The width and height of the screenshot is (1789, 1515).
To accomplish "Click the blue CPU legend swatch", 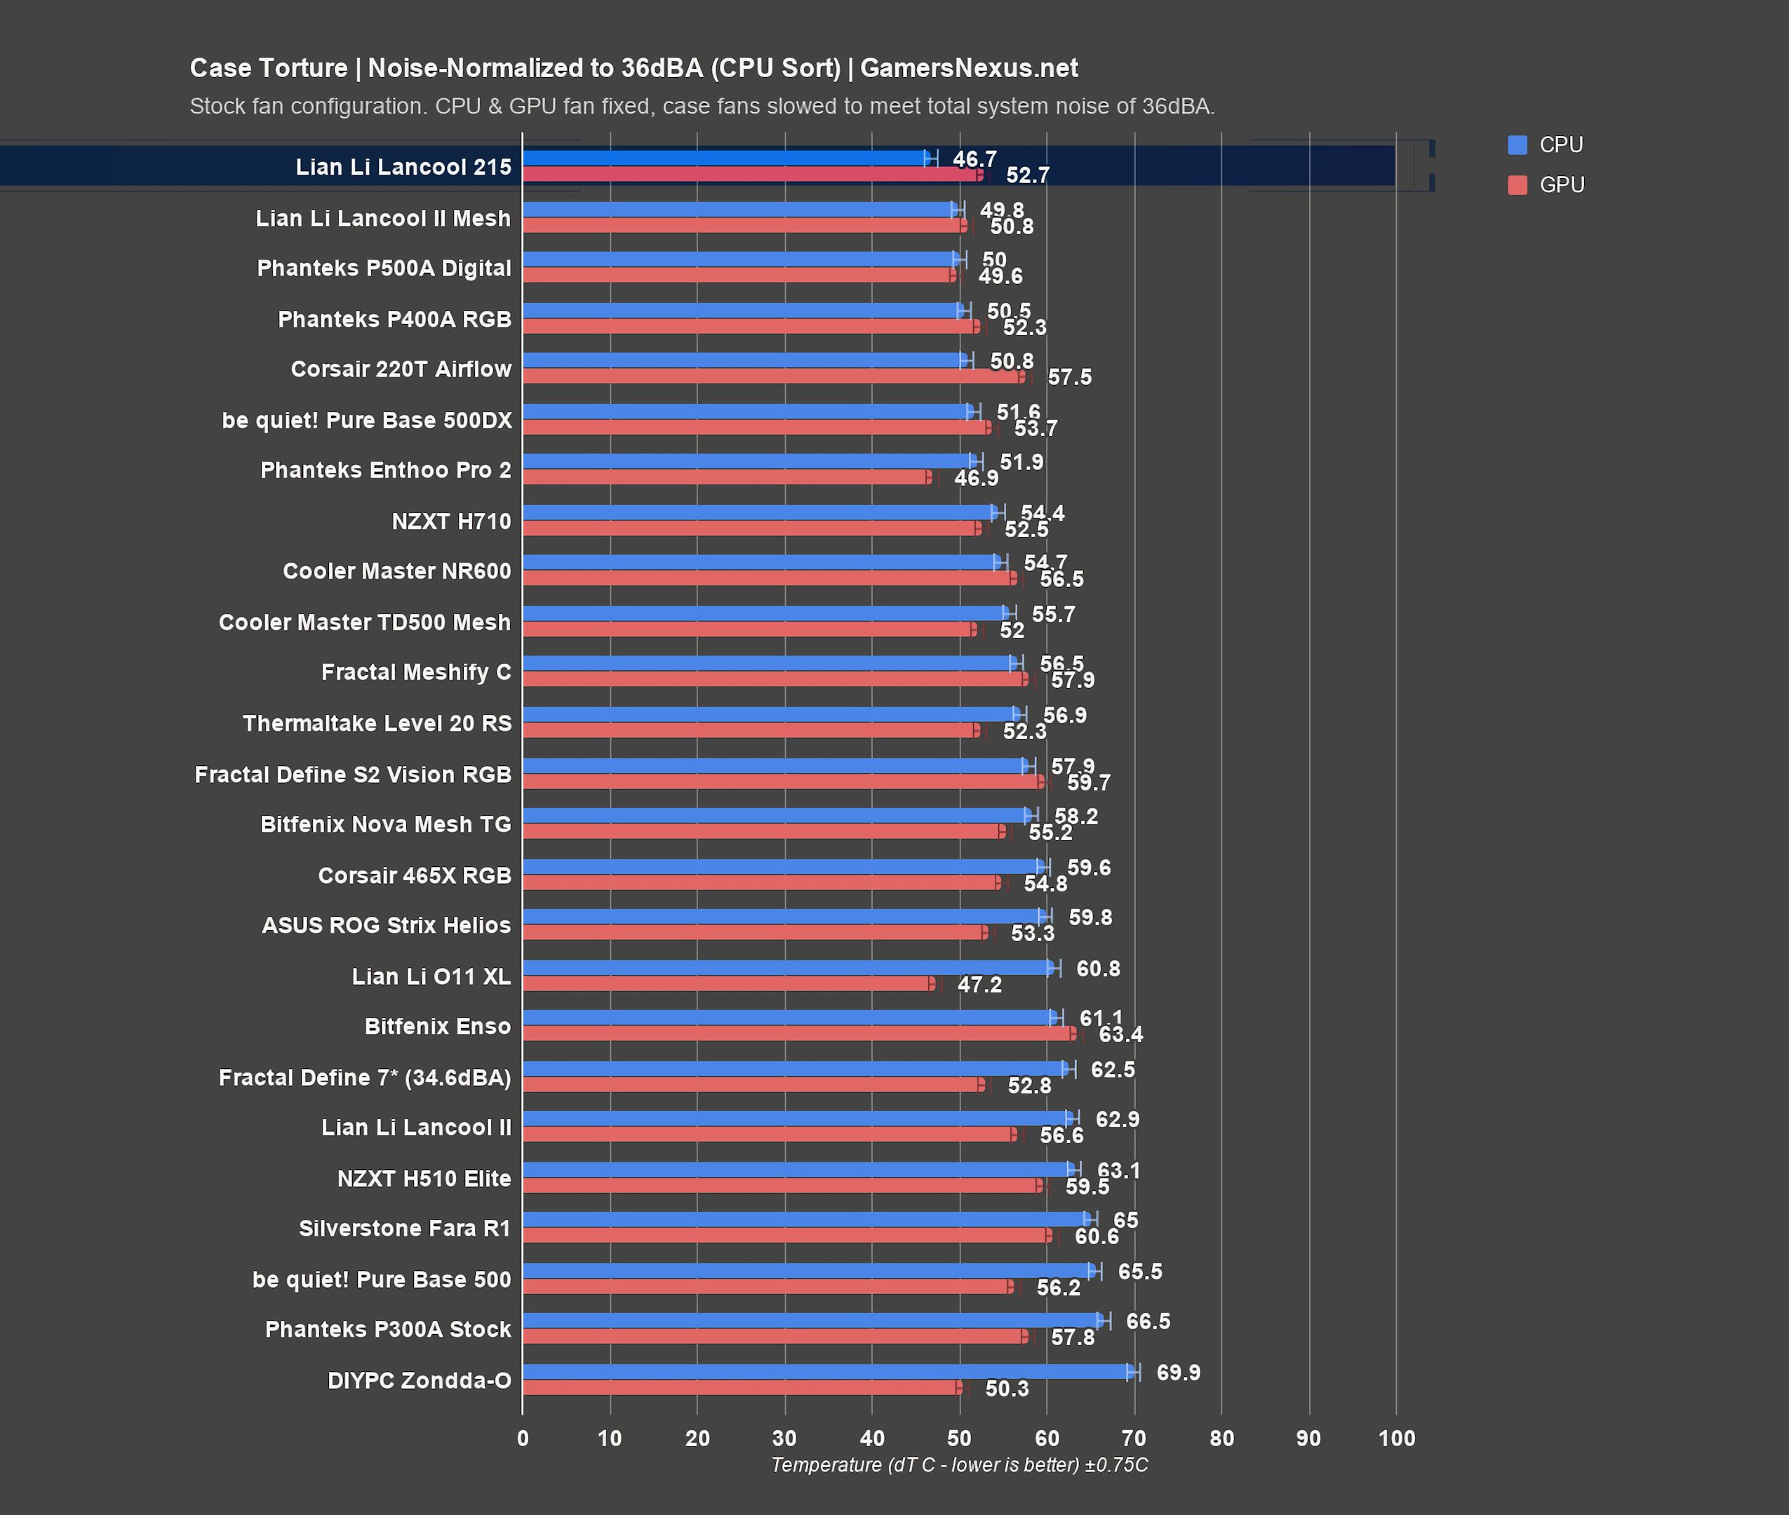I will coord(1517,145).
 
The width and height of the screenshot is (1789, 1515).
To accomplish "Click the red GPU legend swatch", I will coord(1517,184).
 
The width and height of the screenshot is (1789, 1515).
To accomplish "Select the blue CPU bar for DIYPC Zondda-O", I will coord(824,1372).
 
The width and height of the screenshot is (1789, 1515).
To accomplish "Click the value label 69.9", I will coord(1177,1373).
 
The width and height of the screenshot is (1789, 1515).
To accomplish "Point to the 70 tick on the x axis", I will coord(1134,1439).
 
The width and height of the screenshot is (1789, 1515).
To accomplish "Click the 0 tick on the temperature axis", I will coord(522,1439).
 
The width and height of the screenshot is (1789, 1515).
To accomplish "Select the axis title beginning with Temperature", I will coord(958,1465).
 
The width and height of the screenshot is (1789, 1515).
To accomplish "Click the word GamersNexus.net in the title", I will coord(968,68).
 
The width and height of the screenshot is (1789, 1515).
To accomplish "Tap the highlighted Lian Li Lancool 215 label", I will coord(403,167).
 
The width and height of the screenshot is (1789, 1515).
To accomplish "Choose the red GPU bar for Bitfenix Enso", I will coord(799,1033).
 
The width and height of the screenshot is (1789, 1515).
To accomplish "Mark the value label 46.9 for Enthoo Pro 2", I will coord(976,478).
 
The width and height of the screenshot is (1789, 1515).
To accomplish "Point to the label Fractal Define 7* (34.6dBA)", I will coord(364,1077).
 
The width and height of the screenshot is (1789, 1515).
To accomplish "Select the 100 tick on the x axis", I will coord(1395,1439).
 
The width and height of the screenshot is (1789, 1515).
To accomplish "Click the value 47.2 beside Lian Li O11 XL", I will coord(979,984).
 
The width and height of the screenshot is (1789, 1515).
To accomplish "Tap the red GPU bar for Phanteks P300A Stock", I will coord(773,1336).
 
